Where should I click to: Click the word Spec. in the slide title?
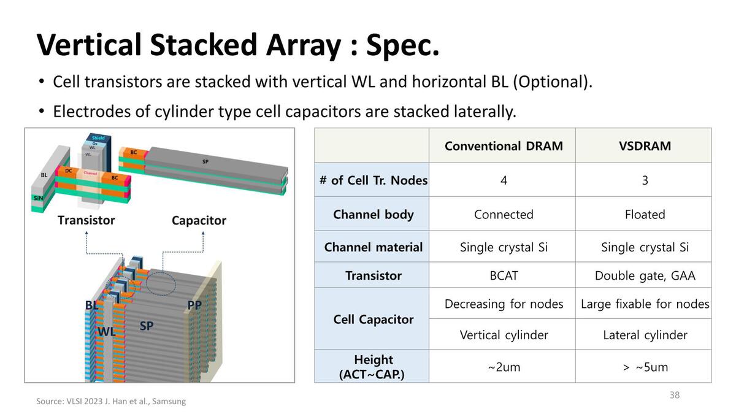pyautogui.click(x=403, y=45)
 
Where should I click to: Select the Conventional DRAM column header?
pyautogui.click(x=504, y=146)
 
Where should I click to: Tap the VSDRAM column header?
pyautogui.click(x=645, y=146)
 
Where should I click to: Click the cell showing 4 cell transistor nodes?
pyautogui.click(x=504, y=180)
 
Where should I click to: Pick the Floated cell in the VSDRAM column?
pyautogui.click(x=645, y=215)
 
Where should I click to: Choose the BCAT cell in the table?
pyautogui.click(x=504, y=276)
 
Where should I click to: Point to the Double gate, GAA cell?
pyautogui.click(x=645, y=276)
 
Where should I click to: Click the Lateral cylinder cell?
pyautogui.click(x=645, y=335)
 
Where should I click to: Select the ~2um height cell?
pyautogui.click(x=504, y=367)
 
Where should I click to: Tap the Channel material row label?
pyautogui.click(x=373, y=247)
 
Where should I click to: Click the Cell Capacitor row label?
pyautogui.click(x=373, y=320)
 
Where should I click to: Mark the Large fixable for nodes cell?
pyautogui.click(x=645, y=304)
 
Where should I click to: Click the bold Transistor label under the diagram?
pyautogui.click(x=86, y=220)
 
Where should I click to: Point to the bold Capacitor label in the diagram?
pyautogui.click(x=199, y=221)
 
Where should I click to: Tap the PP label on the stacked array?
pyautogui.click(x=194, y=305)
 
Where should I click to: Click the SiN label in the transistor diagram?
pyautogui.click(x=39, y=197)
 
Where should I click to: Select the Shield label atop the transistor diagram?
pyautogui.click(x=98, y=138)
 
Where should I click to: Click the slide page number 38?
pyautogui.click(x=675, y=395)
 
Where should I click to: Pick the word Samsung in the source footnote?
pyautogui.click(x=168, y=402)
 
